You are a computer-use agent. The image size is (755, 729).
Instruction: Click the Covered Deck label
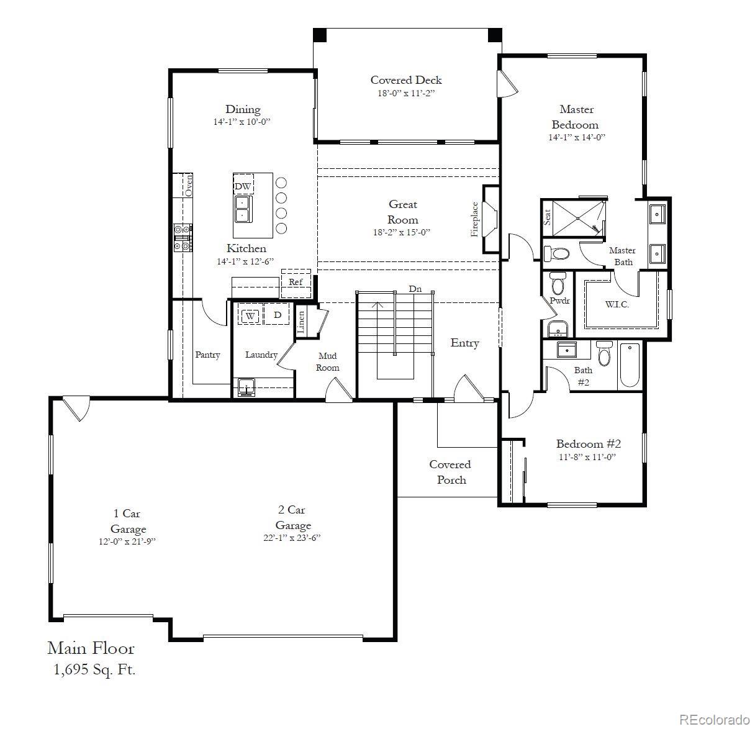click(x=406, y=79)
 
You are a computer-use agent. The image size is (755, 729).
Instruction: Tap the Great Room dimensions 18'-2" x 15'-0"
click(x=402, y=232)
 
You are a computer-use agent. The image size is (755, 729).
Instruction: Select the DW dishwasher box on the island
click(x=243, y=186)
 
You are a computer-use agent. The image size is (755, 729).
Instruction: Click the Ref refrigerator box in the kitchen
click(x=296, y=281)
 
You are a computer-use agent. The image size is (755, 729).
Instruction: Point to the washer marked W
click(x=250, y=315)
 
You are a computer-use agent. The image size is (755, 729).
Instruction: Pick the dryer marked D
click(x=278, y=315)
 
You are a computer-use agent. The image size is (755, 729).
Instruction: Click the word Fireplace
click(x=475, y=219)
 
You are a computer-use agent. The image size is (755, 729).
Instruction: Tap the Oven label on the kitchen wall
click(x=189, y=184)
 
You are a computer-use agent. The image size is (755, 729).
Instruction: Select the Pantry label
click(x=207, y=355)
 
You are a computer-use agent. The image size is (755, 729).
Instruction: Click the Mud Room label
click(x=328, y=361)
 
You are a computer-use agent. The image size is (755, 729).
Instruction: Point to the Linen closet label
click(x=301, y=322)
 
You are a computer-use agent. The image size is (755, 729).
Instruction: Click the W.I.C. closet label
click(x=617, y=304)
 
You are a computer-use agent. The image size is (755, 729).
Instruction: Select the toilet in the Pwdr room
click(x=557, y=283)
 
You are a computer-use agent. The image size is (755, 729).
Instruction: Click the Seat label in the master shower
click(x=547, y=217)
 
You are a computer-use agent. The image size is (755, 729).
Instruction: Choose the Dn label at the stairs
click(x=415, y=289)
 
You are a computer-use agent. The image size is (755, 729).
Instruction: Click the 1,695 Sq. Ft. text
click(x=93, y=669)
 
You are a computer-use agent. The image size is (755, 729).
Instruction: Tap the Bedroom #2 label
click(x=588, y=443)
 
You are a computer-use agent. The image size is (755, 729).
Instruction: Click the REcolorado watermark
click(x=714, y=719)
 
